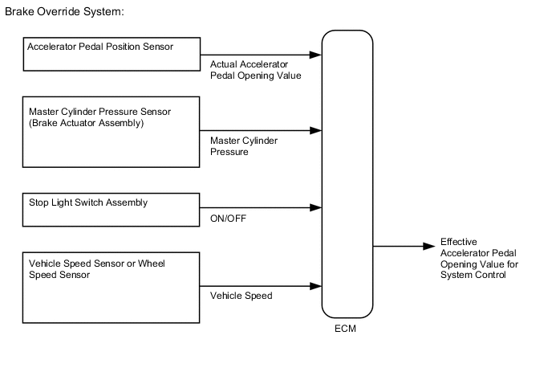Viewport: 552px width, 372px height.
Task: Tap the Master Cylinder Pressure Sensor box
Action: (111, 132)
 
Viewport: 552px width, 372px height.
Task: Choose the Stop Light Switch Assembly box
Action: (111, 208)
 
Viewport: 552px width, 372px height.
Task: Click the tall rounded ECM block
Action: (347, 174)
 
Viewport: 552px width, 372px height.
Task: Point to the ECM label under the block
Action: (347, 329)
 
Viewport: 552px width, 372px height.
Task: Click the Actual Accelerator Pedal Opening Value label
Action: (255, 70)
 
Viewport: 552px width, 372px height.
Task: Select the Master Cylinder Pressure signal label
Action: (244, 145)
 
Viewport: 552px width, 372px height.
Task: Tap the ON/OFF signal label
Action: (228, 218)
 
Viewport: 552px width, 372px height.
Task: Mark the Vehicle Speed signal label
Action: (241, 296)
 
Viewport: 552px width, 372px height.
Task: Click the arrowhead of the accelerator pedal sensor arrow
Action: (316, 55)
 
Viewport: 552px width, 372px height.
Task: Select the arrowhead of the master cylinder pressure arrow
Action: (316, 130)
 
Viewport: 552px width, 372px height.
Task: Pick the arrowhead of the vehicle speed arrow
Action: (316, 284)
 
